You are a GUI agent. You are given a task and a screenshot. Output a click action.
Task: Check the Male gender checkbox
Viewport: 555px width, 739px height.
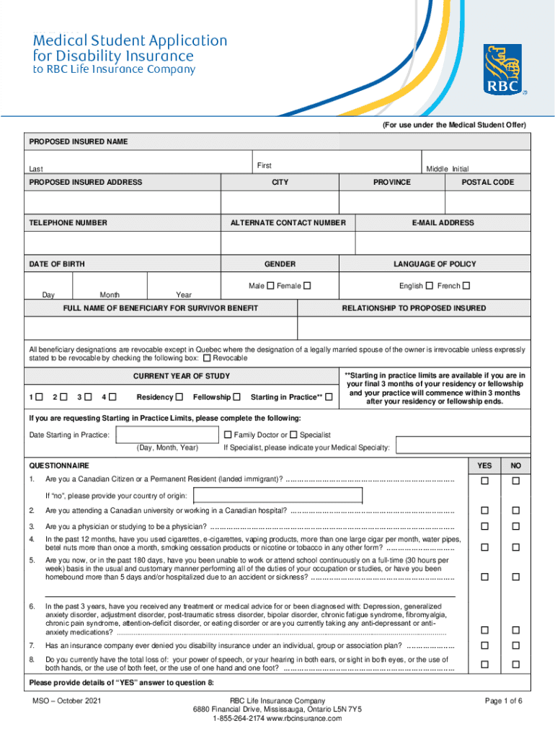tap(270, 286)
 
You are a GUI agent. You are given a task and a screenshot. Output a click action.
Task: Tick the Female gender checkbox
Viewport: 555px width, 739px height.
tap(307, 286)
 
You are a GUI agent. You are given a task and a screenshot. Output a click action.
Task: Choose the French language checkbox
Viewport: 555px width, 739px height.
tap(466, 286)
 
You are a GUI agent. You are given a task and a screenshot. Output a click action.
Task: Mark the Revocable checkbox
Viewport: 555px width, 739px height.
tap(208, 358)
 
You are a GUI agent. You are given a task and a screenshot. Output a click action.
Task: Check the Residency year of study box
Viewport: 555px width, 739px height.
tap(179, 397)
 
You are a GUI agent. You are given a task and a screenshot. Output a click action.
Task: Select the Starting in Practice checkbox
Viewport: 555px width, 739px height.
tap(329, 397)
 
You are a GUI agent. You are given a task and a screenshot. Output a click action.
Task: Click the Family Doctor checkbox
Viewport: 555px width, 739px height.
tap(228, 434)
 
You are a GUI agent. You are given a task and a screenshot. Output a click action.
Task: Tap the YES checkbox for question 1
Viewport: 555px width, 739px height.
tap(485, 481)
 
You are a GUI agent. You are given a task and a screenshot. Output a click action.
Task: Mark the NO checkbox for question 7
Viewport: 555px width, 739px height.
tap(515, 645)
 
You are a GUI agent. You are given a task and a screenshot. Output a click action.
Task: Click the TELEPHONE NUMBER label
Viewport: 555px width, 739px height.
tap(68, 223)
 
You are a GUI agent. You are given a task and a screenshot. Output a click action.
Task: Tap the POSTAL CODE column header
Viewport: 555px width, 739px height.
tap(488, 183)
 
